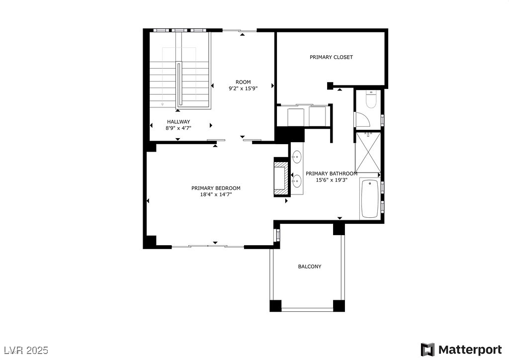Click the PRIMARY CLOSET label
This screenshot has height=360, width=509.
coord(331,57)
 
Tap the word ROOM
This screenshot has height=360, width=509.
coord(243,82)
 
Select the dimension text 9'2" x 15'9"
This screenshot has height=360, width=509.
coord(243,89)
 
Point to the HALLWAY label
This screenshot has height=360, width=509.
coord(178,122)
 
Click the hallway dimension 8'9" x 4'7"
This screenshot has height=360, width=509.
coord(178,128)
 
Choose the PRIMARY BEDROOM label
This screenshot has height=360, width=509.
coord(216,188)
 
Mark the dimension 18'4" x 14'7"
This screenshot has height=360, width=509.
coord(216,194)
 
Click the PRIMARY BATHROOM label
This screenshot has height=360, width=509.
coord(331,174)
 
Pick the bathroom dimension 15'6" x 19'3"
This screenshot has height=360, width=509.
coord(331,180)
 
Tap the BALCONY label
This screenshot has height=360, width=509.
coord(309,267)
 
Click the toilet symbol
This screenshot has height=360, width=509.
coord(371,100)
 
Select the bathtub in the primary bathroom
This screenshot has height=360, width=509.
coord(369,199)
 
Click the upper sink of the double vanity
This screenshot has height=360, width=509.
coord(297,158)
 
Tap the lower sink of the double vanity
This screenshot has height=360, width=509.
coord(297,180)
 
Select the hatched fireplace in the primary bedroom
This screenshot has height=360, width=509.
coord(281,177)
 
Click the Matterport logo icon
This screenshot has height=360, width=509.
coord(427,350)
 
